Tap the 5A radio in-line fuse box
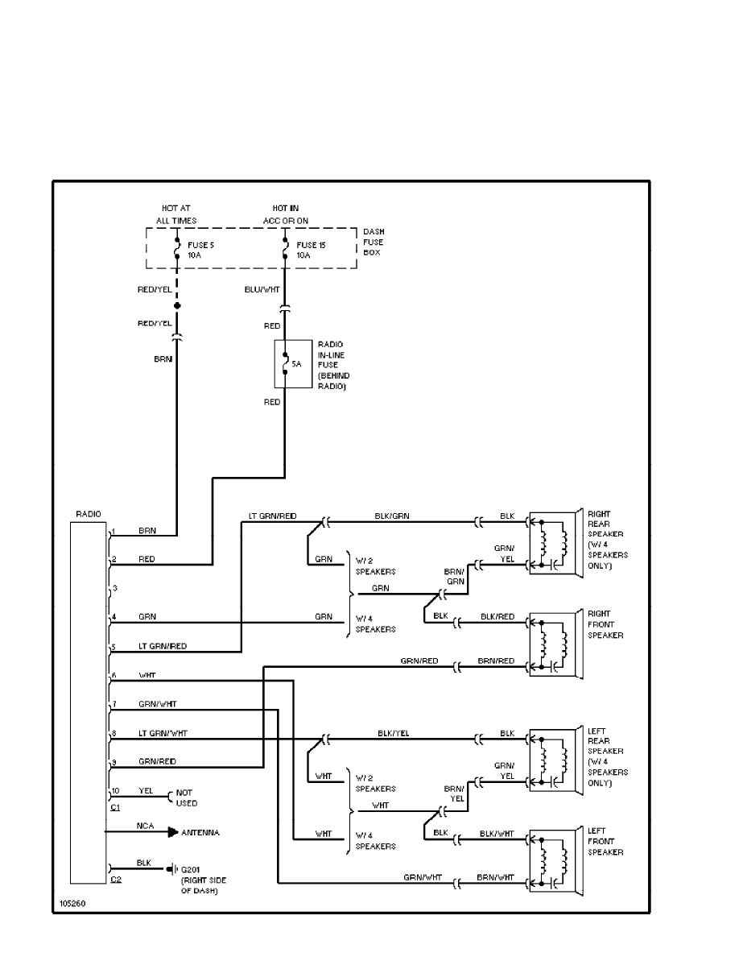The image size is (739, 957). [290, 364]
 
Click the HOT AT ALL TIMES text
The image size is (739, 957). [176, 214]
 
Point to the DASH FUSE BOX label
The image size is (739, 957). [374, 242]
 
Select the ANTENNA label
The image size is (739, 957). [200, 832]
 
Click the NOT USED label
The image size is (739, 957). [187, 797]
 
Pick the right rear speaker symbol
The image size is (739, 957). [554, 543]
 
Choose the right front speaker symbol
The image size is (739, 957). [554, 644]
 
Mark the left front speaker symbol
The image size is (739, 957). [554, 860]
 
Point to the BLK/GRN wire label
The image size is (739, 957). [392, 515]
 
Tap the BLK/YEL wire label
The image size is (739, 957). [394, 733]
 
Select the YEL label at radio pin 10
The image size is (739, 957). [146, 790]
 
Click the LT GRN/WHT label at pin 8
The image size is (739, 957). [163, 733]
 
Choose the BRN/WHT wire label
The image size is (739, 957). [495, 876]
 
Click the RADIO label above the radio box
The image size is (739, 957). [89, 513]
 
